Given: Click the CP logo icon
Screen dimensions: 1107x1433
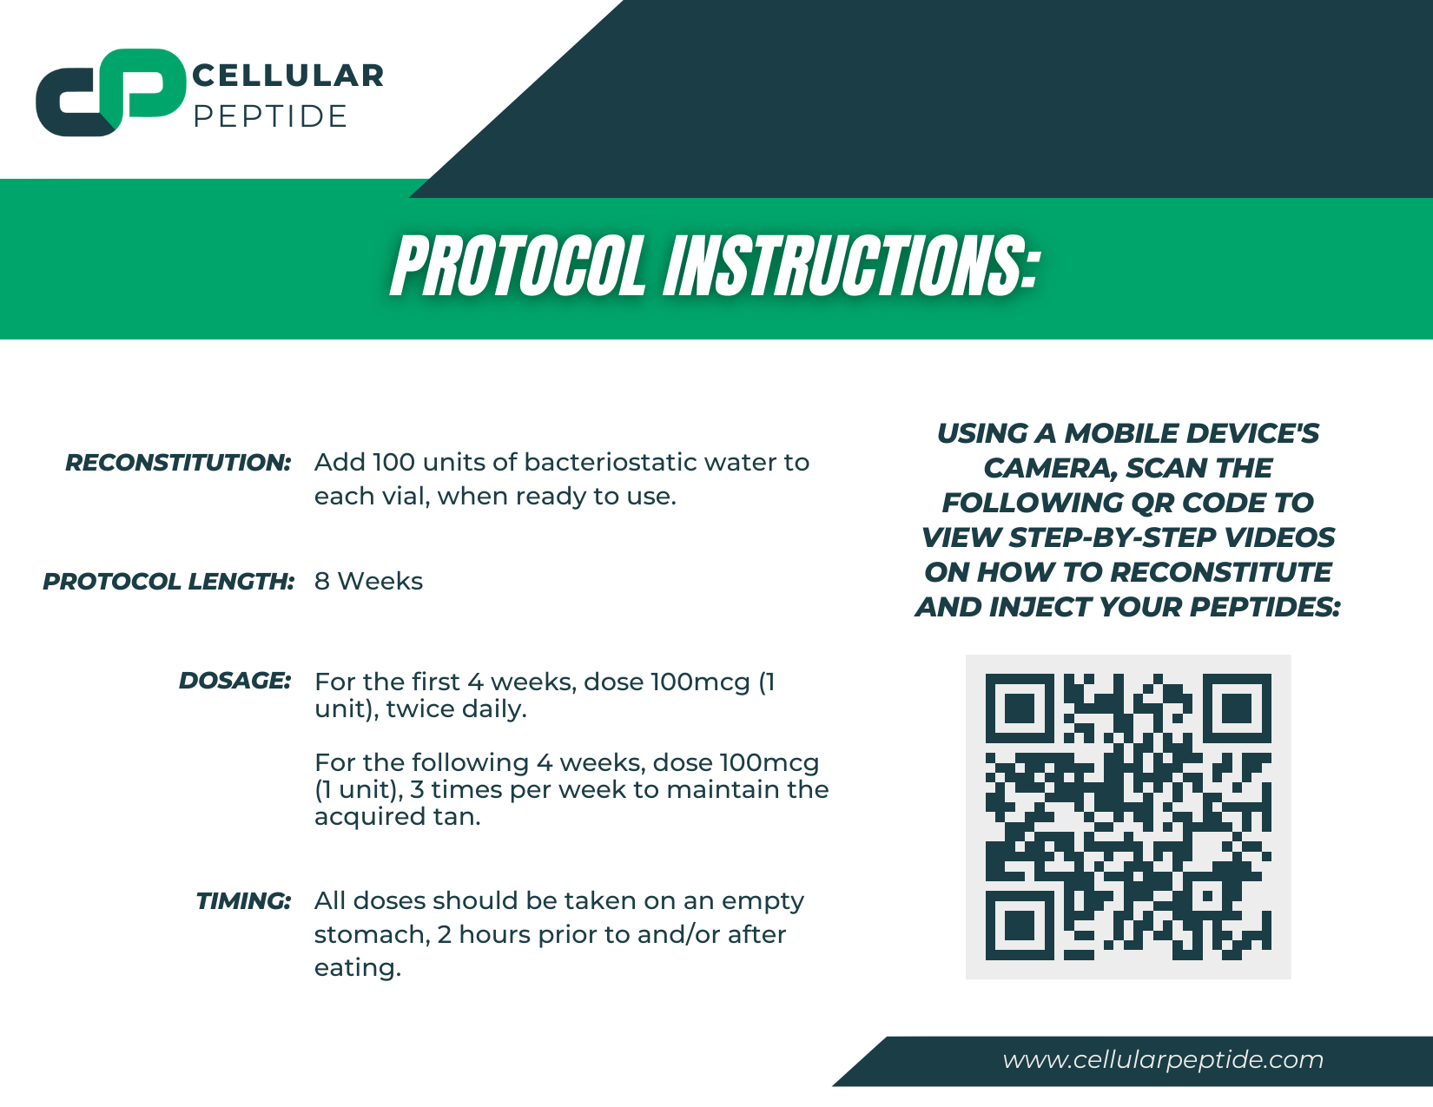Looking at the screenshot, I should [110, 92].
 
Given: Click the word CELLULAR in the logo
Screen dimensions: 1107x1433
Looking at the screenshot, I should [287, 76].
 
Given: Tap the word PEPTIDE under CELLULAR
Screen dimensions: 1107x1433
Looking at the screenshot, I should [270, 116].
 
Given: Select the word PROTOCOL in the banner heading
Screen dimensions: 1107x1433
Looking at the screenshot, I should [518, 267].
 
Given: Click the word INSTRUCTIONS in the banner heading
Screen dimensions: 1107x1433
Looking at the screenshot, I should [851, 267].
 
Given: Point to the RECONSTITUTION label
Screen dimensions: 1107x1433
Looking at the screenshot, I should [178, 463].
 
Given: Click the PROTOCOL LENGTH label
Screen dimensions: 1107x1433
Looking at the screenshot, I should [168, 582].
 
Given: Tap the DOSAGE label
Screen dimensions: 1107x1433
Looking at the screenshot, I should [234, 681].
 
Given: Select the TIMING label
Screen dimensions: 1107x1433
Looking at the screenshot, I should [243, 901].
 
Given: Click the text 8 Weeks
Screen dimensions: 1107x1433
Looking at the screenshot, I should [368, 582].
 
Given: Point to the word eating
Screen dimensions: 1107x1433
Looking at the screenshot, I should [357, 968].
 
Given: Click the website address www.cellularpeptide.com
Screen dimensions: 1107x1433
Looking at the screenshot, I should [1163, 1060].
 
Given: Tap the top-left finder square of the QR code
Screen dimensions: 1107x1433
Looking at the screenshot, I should [1020, 708].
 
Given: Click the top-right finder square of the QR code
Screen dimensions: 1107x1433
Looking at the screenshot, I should [1237, 708].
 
